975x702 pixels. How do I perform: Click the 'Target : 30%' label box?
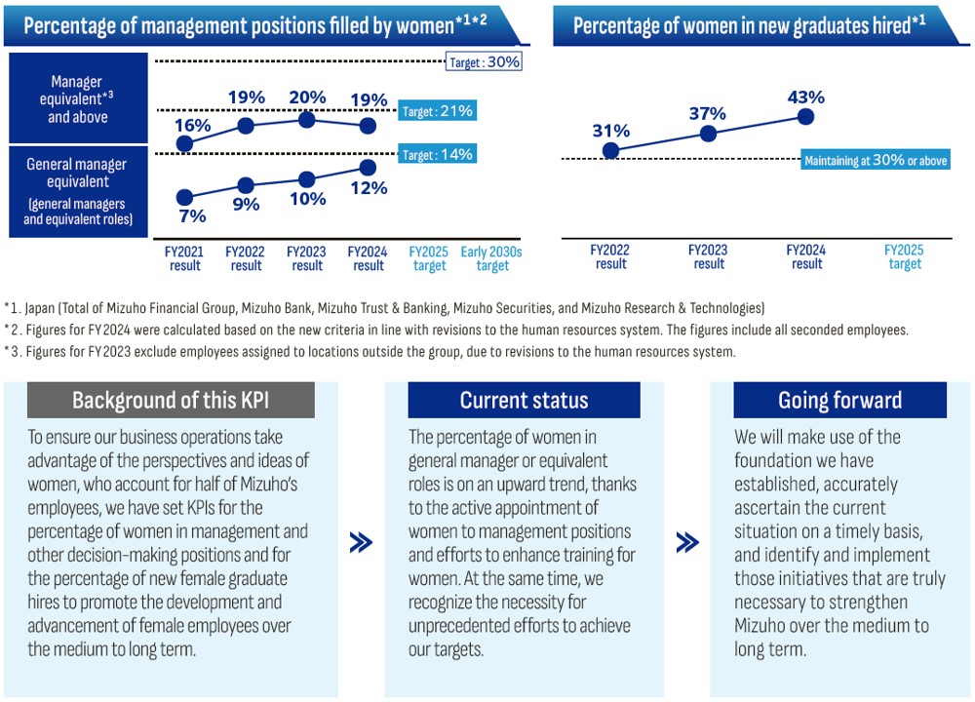point(485,62)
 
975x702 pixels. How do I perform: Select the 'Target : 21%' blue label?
point(438,111)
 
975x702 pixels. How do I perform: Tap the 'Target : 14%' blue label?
point(438,154)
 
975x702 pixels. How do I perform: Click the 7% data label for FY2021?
point(192,216)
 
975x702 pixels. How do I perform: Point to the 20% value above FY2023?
point(308,97)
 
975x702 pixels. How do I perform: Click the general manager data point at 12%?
point(368,167)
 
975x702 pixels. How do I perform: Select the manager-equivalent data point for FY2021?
point(185,143)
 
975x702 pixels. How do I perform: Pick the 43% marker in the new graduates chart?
point(805,117)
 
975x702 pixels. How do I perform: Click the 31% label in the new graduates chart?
point(610,131)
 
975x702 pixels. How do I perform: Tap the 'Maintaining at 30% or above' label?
point(875,161)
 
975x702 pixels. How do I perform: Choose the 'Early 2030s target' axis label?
point(492,258)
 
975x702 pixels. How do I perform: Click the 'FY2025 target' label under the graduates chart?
point(904,257)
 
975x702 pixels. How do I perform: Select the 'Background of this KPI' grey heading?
point(171,401)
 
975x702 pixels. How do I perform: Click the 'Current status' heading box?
point(524,401)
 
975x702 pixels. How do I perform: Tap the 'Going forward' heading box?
point(839,401)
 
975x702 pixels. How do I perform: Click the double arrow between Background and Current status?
point(361,543)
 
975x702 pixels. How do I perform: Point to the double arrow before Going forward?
point(686,543)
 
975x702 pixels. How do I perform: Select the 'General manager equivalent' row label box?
point(78,191)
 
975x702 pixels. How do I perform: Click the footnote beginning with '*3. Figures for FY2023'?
point(370,352)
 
